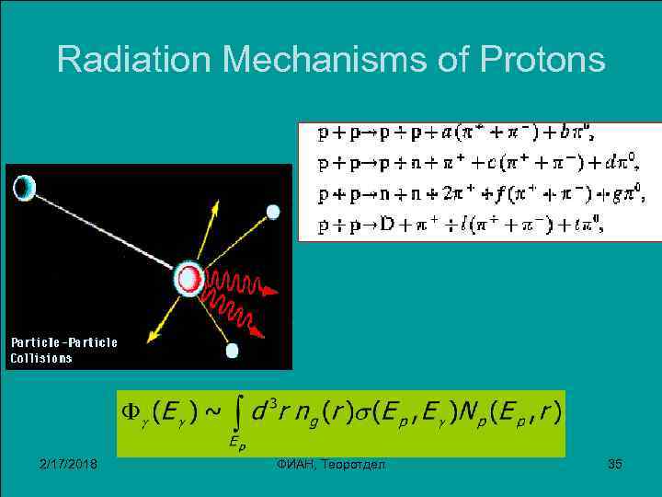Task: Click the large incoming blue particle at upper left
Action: point(24,188)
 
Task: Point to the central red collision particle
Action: point(190,278)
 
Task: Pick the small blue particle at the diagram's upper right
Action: point(273,212)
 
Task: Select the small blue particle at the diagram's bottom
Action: point(232,351)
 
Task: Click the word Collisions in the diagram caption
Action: point(41,358)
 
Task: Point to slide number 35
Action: point(615,464)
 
